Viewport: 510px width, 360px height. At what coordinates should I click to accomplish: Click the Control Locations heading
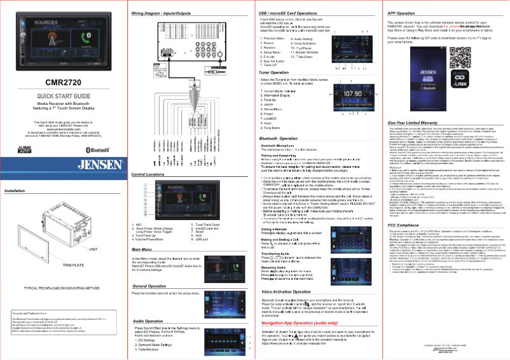coord(151,174)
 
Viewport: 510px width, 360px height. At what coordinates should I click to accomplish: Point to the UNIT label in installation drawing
coord(93,249)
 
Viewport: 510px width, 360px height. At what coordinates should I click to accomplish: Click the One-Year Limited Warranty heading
coord(420,121)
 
